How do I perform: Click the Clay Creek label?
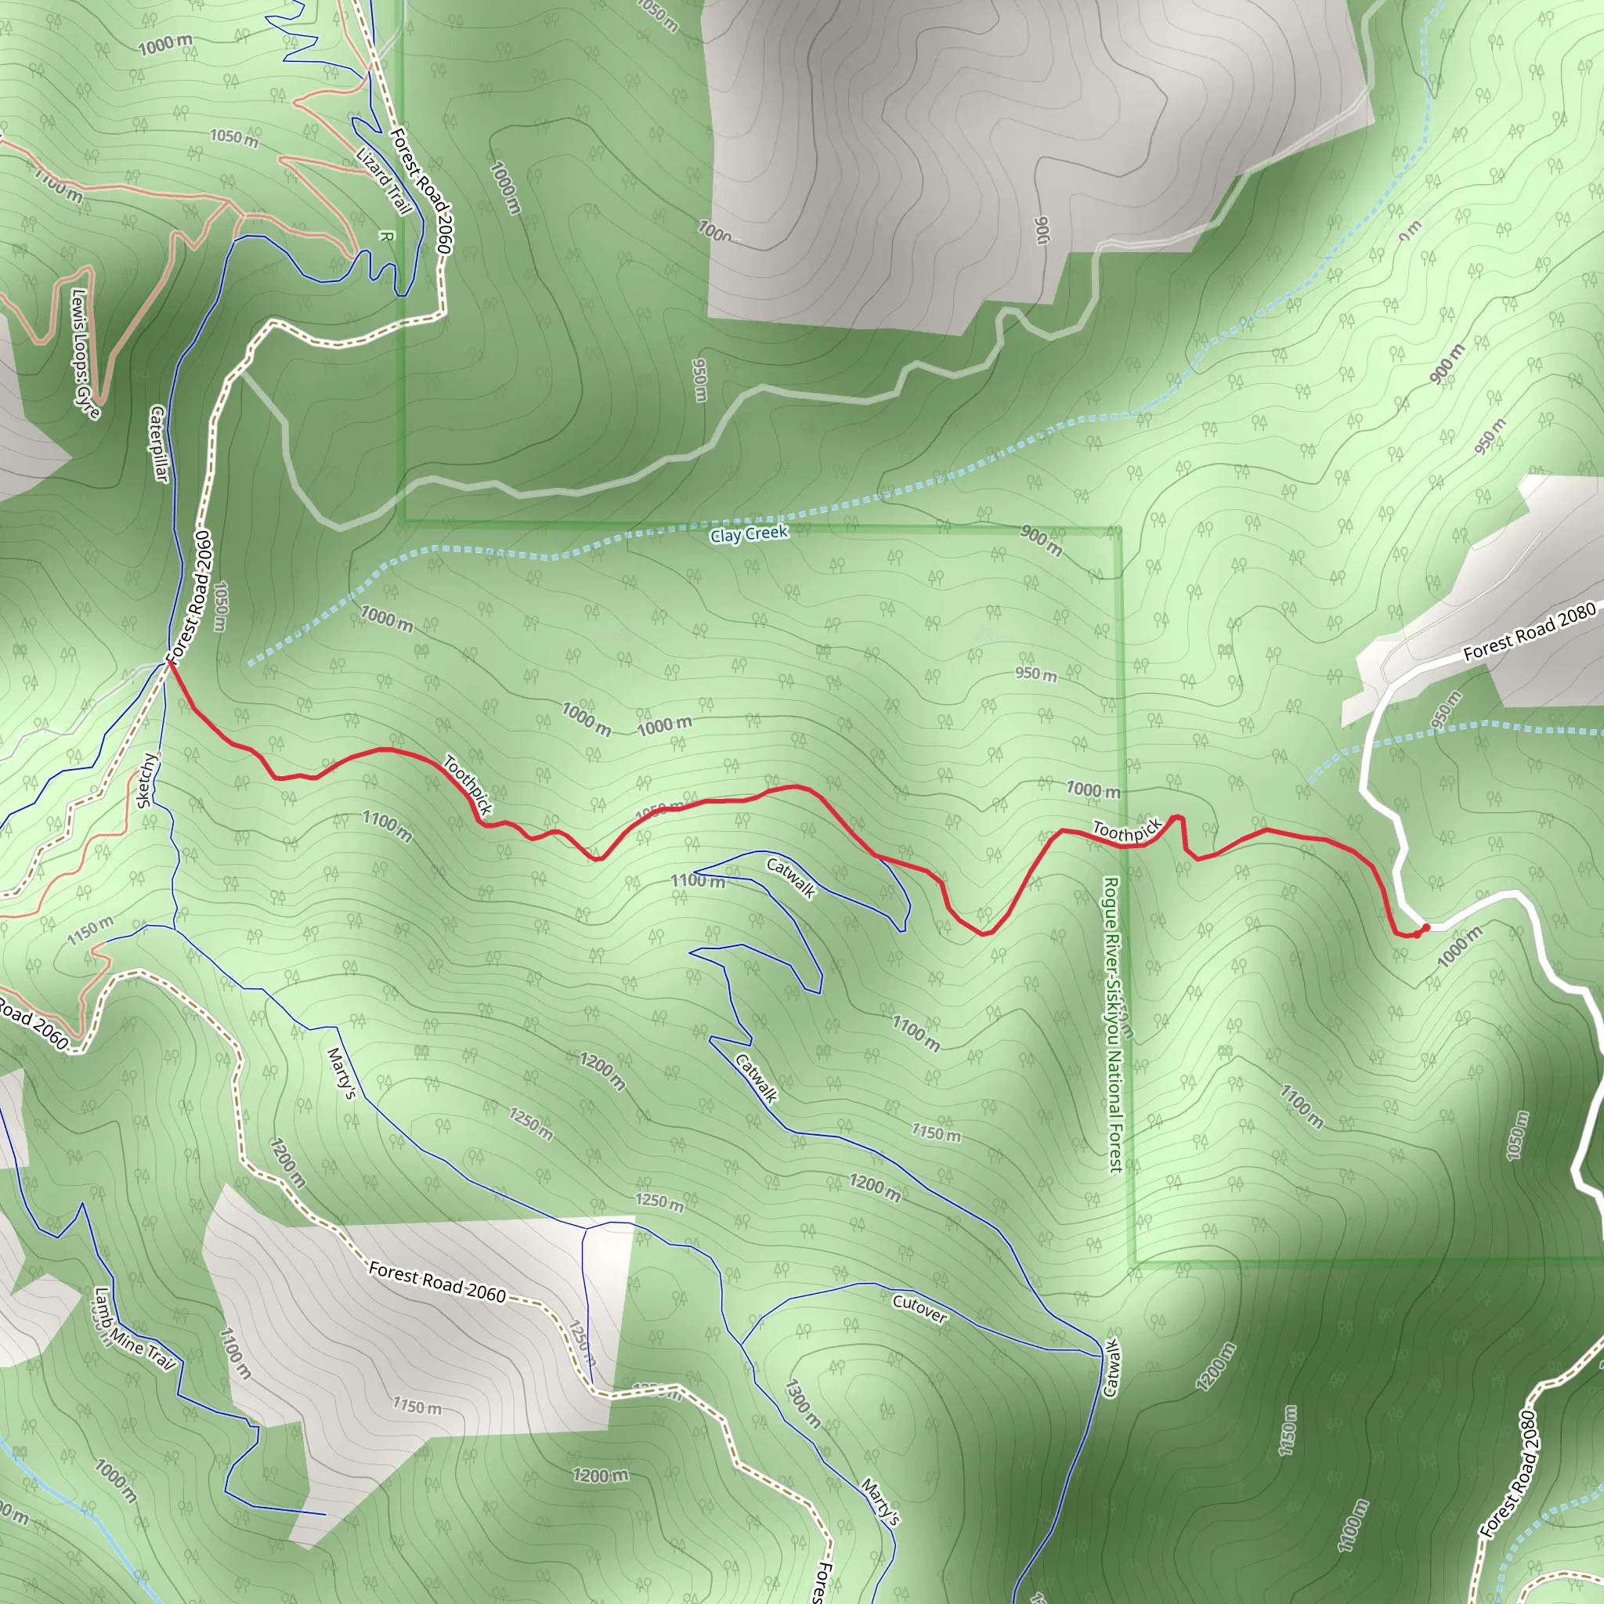[748, 534]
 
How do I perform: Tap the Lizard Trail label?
[384, 180]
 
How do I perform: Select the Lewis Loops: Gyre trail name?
[85, 354]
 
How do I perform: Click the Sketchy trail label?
[146, 779]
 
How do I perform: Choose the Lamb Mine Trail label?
[133, 1329]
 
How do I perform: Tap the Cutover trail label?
[919, 1310]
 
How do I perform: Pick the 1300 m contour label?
[803, 1403]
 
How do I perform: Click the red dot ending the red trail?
[1426, 927]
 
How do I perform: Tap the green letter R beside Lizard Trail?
[385, 237]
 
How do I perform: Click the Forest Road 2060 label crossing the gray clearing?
[437, 1283]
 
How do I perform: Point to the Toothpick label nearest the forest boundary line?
[1126, 829]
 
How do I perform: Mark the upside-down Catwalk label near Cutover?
[1111, 1367]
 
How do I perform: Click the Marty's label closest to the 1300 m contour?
[880, 1501]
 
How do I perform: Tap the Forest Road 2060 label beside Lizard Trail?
[420, 191]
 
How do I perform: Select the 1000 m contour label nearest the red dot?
[1458, 948]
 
